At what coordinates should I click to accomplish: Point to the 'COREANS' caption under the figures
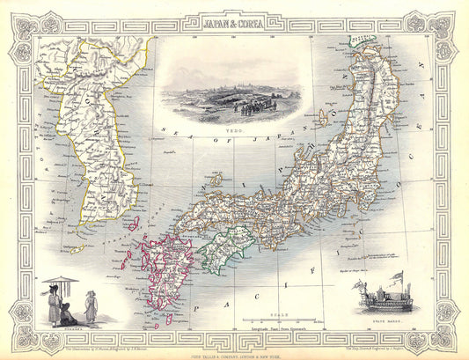62,325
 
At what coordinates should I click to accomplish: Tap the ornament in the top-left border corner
25,24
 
